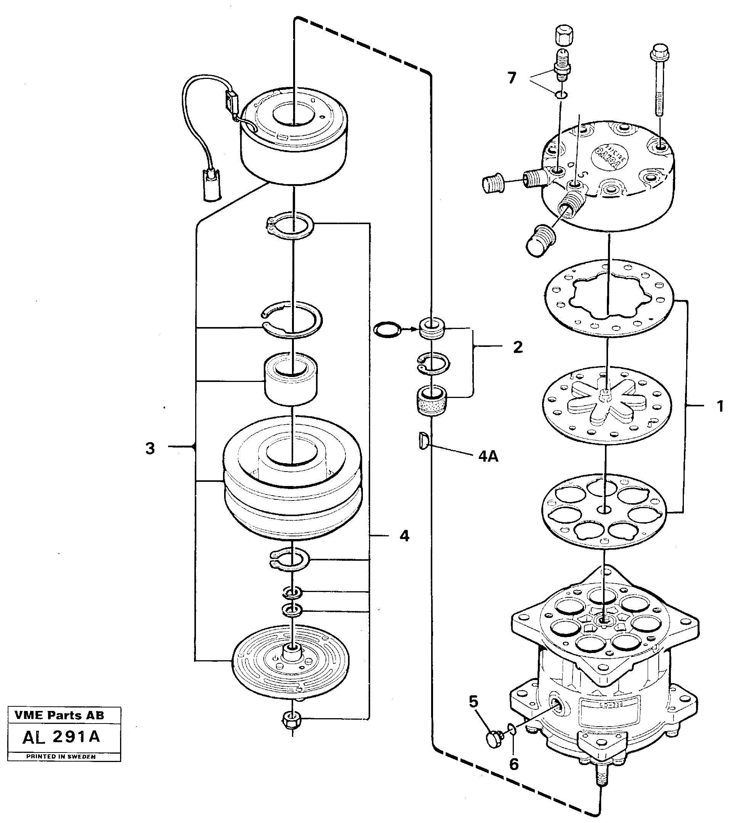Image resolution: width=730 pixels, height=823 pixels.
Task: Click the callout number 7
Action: click(x=511, y=78)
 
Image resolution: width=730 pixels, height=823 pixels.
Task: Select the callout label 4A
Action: click(x=488, y=456)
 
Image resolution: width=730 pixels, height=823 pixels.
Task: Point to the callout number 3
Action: click(x=150, y=448)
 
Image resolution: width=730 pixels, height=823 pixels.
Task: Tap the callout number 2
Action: click(x=518, y=347)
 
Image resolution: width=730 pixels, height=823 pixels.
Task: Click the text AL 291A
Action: click(x=61, y=737)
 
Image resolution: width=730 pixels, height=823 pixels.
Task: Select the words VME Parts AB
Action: click(x=59, y=716)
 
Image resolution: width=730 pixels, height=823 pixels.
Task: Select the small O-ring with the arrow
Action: click(x=387, y=329)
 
